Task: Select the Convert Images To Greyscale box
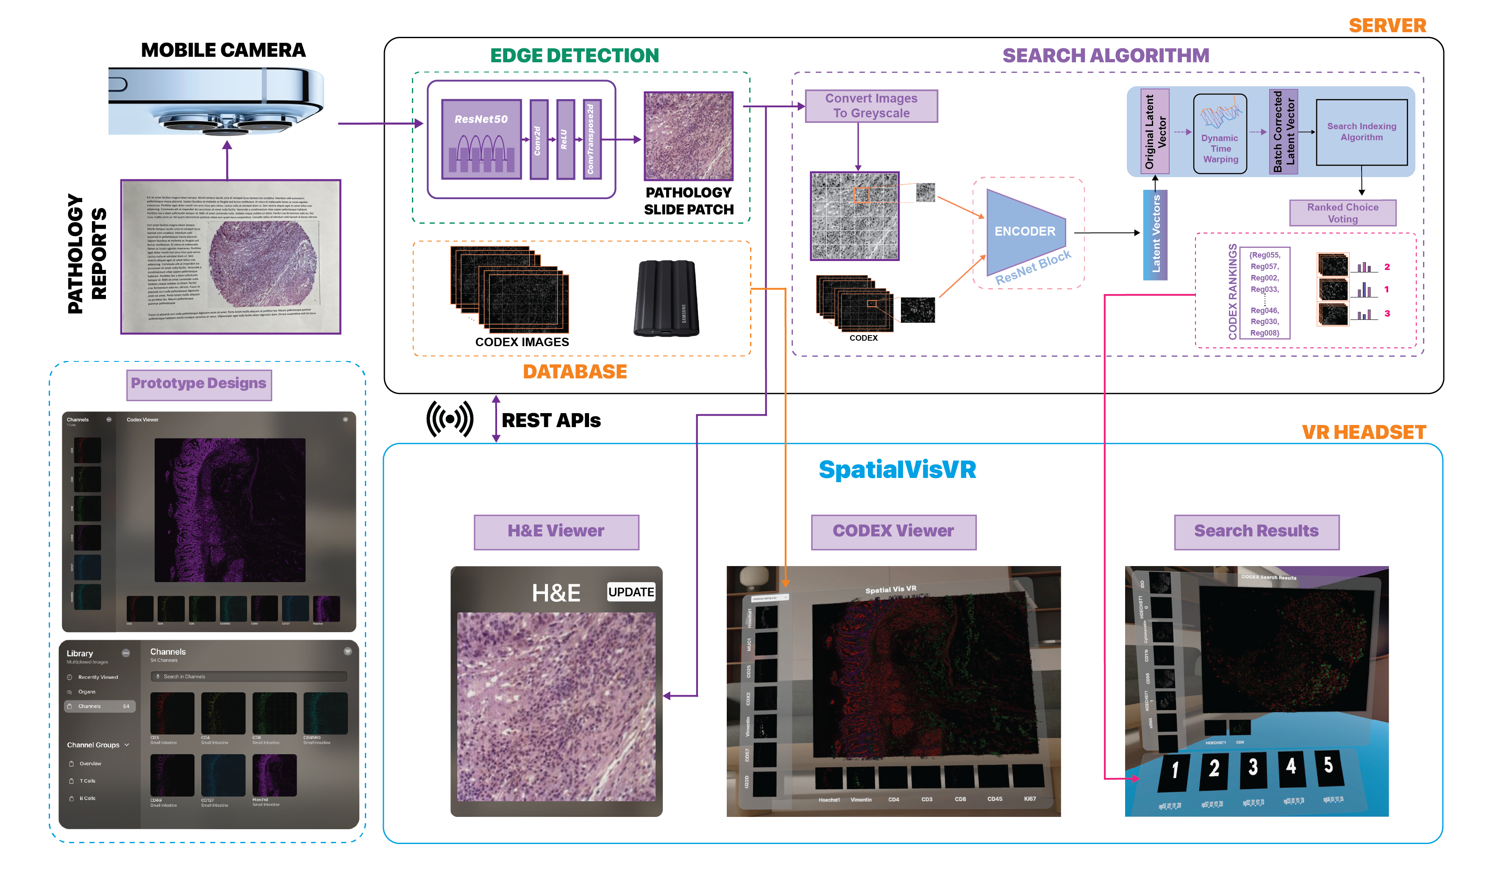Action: click(871, 106)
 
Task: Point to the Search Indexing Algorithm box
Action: click(1361, 132)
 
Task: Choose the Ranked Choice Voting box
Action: click(1343, 213)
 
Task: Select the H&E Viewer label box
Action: click(556, 532)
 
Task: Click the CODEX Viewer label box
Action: click(893, 532)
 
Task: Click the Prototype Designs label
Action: click(199, 384)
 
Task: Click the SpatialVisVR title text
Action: click(897, 470)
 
